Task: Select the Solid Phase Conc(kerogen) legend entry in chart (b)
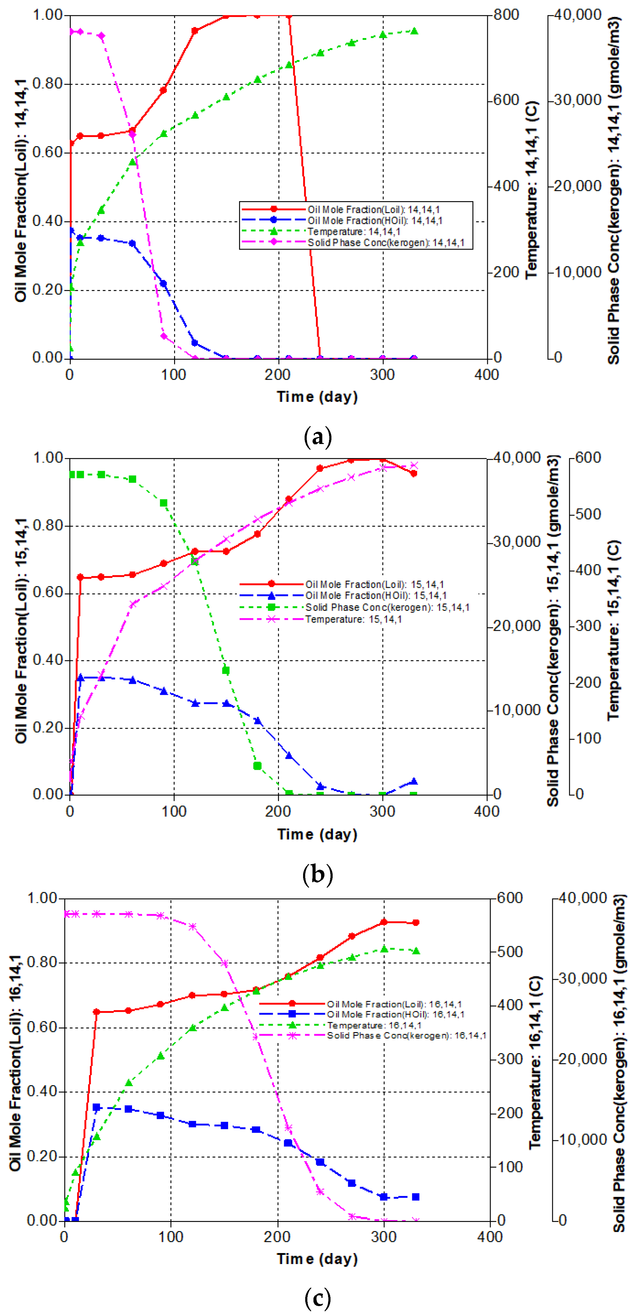[387, 607]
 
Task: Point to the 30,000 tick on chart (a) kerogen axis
[578, 100]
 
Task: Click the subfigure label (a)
[317, 437]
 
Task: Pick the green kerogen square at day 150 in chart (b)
[226, 670]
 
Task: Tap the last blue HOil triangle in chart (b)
[414, 781]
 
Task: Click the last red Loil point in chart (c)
[416, 922]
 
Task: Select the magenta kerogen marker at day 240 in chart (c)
[320, 1191]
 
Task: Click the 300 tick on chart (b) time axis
[382, 811]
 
